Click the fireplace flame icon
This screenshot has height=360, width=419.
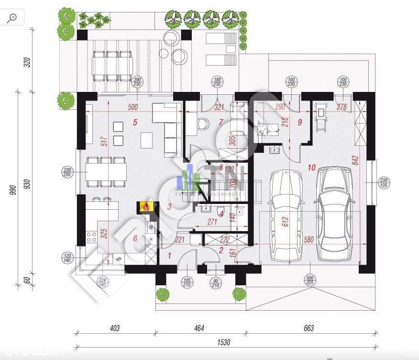[x=145, y=207]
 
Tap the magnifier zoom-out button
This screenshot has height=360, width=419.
[x=12, y=18]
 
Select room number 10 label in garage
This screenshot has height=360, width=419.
[x=312, y=168]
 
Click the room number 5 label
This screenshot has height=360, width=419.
[x=135, y=123]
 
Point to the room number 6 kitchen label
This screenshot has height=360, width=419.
[x=135, y=238]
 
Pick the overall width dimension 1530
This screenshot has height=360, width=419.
[x=223, y=342]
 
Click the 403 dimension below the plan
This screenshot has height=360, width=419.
[x=114, y=328]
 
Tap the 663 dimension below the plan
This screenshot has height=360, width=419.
[x=309, y=328]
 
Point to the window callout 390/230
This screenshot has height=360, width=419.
[x=138, y=82]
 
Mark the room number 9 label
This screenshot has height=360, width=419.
[x=300, y=122]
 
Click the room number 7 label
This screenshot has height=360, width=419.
[x=221, y=123]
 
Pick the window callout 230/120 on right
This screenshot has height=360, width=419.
[x=385, y=182]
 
